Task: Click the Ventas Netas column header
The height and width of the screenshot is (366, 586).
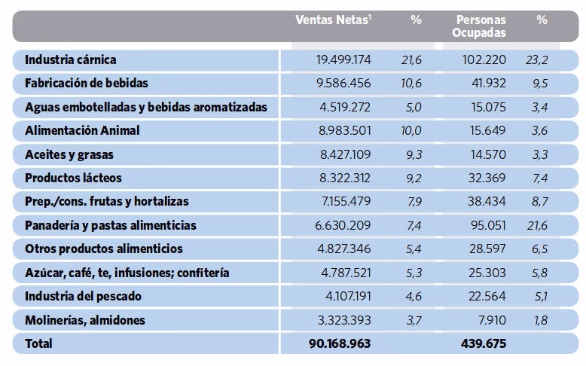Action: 334,20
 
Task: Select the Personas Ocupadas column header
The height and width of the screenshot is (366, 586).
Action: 481,26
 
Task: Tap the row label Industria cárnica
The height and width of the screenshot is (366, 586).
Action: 71,59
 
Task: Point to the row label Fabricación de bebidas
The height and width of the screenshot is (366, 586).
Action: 87,83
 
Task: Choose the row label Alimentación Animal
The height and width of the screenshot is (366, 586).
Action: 82,130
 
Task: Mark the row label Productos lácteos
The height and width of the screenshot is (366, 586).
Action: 73,178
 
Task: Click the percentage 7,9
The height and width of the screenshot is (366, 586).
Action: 413,201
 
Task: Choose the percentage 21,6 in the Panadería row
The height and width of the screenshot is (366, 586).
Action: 538,225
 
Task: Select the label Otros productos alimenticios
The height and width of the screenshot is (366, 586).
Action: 104,249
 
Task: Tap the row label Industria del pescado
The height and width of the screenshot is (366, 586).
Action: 83,296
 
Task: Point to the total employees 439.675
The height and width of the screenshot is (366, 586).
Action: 483,343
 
